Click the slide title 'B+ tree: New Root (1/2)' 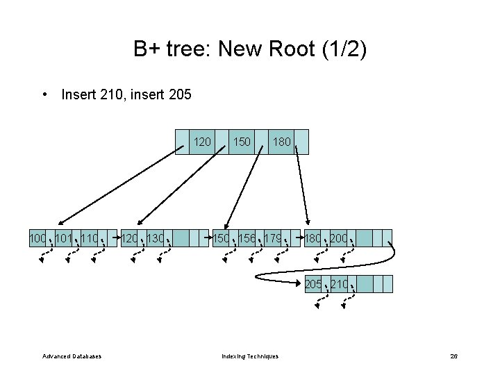pos(250,49)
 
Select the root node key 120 pos(202,142)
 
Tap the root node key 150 pos(242,142)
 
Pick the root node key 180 pos(281,142)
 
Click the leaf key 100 pos(37,240)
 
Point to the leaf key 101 pos(63,240)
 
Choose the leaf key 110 pos(90,240)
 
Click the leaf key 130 pos(156,240)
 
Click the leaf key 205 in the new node pos(314,284)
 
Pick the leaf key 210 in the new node pos(340,284)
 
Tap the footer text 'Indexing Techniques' pos(250,356)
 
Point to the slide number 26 pos(453,356)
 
